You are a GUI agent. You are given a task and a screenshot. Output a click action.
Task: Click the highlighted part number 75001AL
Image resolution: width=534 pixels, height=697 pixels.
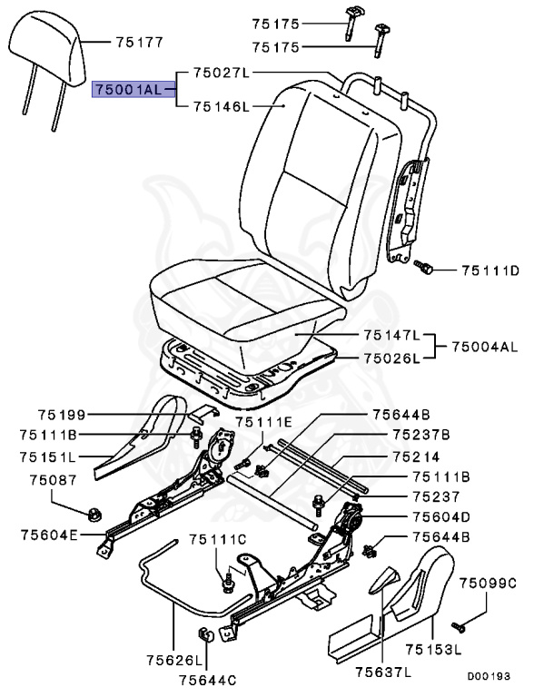pyautogui.click(x=132, y=90)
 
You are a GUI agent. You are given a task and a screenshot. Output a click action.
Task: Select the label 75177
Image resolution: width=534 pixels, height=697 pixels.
pyautogui.click(x=139, y=42)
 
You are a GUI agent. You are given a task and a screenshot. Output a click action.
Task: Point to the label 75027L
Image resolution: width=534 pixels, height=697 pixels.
pyautogui.click(x=220, y=71)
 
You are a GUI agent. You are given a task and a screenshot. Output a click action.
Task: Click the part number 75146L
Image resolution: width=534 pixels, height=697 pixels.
pyautogui.click(x=220, y=107)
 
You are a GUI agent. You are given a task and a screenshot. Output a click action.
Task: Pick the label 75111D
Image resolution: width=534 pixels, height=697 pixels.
pyautogui.click(x=489, y=270)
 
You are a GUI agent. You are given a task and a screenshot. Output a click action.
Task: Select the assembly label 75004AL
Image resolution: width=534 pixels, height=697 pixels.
pyautogui.click(x=483, y=347)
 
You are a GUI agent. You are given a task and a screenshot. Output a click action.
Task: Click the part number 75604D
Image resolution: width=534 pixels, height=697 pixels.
pyautogui.click(x=441, y=516)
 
